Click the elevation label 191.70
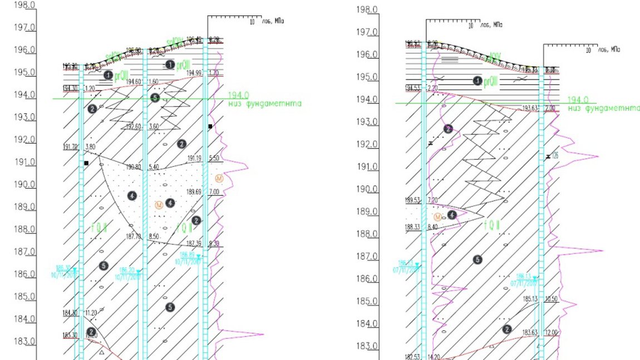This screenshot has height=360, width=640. [70, 147]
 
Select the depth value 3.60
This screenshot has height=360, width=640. [154, 127]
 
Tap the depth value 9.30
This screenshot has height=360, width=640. [214, 244]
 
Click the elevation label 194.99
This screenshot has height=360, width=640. [194, 73]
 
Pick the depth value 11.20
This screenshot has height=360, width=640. [90, 313]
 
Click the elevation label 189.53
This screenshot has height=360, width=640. [412, 200]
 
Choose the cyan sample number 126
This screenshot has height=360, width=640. [555, 156]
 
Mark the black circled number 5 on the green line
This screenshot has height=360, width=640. [155, 98]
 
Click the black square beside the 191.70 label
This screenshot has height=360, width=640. [86, 163]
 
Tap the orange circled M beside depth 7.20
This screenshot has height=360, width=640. [438, 216]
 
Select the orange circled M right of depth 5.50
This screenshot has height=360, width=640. [219, 178]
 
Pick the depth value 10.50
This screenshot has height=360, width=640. [551, 299]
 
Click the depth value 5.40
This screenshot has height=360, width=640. [154, 167]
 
